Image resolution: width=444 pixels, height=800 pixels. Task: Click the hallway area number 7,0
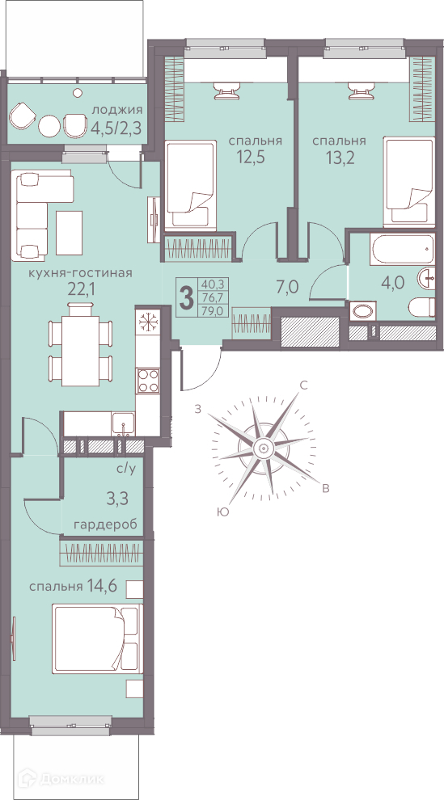click(x=287, y=287)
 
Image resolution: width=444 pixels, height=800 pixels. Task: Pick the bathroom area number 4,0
click(x=392, y=282)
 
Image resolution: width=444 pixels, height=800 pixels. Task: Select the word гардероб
click(x=105, y=525)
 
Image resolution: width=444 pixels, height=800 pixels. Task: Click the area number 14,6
click(x=102, y=586)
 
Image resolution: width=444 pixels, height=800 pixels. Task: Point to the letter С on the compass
click(x=303, y=385)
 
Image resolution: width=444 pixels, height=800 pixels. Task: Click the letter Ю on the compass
click(x=222, y=512)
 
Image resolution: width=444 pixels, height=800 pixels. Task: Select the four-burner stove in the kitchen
click(x=149, y=381)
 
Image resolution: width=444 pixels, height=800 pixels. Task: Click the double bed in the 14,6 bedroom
click(x=96, y=638)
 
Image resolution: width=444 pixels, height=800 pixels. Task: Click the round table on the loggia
click(x=50, y=125)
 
